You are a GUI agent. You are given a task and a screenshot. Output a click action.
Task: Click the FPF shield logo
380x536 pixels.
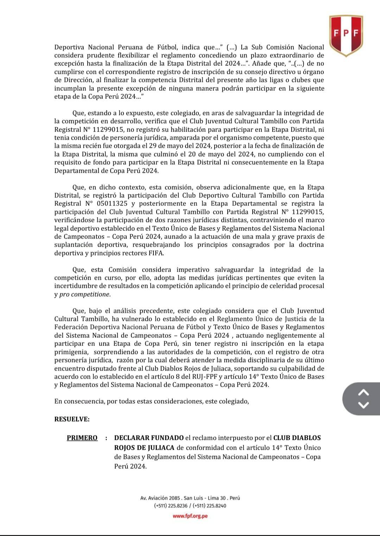pos(346,35)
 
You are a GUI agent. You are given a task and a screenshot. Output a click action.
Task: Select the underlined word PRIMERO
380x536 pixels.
pos(82,438)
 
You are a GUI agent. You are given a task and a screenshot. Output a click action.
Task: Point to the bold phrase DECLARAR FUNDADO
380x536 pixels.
pos(149,438)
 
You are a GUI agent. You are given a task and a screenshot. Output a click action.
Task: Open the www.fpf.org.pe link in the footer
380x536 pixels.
pos(190,516)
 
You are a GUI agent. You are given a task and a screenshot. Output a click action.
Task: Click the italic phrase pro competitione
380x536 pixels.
pos(85,294)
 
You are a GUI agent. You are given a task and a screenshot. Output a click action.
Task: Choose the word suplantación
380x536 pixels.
pos(74,245)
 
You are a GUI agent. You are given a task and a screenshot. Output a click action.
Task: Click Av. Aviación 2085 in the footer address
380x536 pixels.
pos(160,498)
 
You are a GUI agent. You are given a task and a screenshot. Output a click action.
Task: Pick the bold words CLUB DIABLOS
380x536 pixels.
pos(297,438)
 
